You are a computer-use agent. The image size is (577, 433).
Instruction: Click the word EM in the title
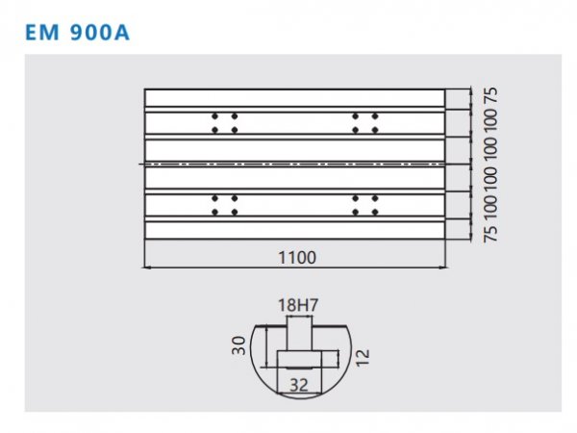(42, 33)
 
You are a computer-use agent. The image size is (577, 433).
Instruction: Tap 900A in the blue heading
(99, 33)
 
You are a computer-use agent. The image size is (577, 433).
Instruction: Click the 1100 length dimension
(297, 257)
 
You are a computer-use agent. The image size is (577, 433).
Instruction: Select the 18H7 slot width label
(298, 305)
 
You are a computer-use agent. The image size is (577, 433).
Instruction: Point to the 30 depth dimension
(238, 345)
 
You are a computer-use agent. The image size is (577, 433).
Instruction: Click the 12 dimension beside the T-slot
(363, 357)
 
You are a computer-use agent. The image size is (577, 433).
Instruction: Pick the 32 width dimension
(299, 385)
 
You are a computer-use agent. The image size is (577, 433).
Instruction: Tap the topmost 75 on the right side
(490, 95)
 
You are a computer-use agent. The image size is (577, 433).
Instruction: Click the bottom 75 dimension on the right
(490, 234)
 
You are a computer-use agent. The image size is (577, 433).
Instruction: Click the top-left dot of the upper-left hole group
(214, 116)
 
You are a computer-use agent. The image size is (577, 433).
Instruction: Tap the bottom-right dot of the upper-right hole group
(375, 130)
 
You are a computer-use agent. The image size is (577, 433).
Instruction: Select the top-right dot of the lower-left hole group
(235, 198)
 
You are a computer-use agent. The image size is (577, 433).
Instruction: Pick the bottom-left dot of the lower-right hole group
(355, 212)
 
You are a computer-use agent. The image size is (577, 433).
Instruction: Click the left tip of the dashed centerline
(139, 164)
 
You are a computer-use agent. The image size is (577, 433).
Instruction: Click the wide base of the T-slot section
(299, 359)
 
